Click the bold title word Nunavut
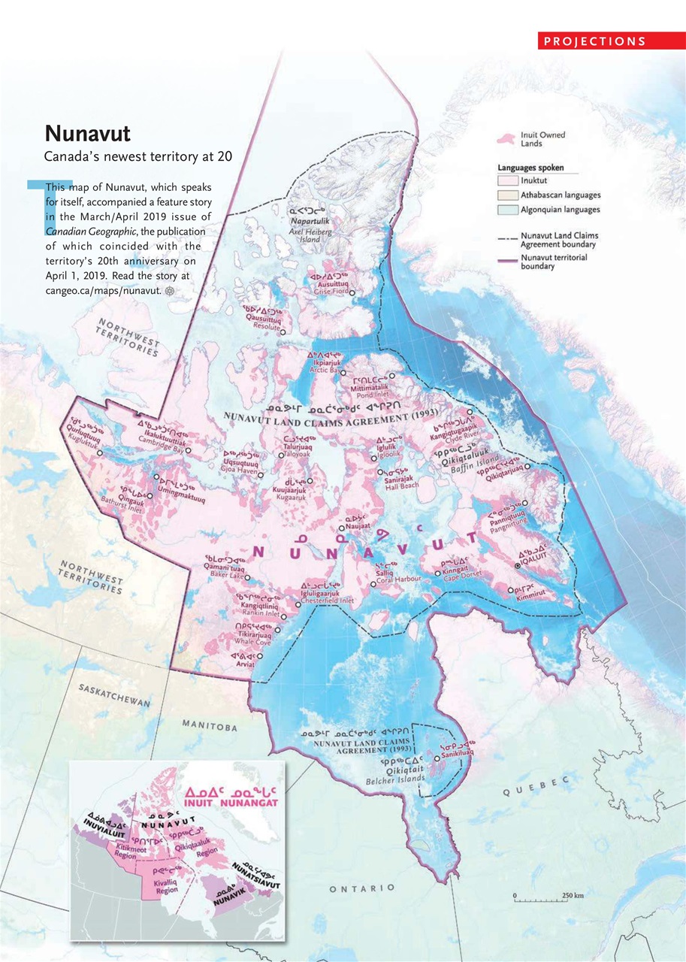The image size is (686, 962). tap(87, 134)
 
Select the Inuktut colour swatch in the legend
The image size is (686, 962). tap(508, 181)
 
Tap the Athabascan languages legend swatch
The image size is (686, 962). tap(508, 195)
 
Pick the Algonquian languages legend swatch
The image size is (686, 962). tap(508, 210)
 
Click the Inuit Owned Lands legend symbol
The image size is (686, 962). tap(507, 139)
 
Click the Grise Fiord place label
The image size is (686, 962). tap(331, 292)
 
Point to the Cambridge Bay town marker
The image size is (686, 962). tap(189, 451)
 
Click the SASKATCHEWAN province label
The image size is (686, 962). tap(115, 696)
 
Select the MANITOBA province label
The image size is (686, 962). tap(210, 726)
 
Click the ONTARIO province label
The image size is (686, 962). tap(362, 888)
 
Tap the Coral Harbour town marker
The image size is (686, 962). tap(373, 584)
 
